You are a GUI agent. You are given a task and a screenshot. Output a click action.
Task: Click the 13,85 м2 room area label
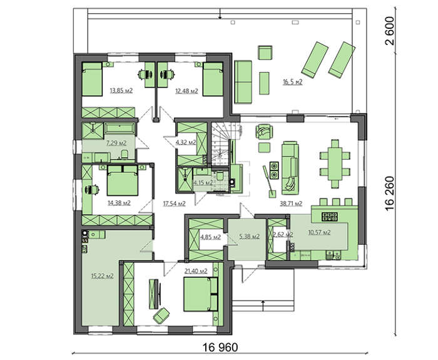(121, 91)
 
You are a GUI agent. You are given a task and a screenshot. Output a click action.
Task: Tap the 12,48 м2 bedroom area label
(186, 91)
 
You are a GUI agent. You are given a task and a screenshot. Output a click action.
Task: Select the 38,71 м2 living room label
(291, 203)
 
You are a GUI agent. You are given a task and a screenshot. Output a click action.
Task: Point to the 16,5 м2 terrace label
(292, 82)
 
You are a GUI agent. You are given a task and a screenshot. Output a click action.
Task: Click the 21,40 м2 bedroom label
(196, 271)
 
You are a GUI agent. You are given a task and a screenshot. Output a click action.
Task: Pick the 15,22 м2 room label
(102, 276)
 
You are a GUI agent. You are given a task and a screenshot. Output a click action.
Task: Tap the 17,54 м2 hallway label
(175, 203)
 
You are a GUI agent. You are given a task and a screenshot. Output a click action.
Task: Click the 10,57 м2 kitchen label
(319, 232)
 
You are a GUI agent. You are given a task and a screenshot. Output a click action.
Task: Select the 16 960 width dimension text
(220, 347)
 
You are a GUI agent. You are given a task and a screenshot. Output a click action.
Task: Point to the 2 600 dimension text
(389, 31)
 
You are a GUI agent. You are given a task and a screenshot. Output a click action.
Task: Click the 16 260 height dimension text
(389, 193)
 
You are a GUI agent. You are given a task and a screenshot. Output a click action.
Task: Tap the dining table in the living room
(335, 163)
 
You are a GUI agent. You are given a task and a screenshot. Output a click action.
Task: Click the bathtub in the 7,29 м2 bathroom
(120, 128)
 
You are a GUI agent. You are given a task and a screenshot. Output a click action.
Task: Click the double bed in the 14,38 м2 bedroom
(123, 180)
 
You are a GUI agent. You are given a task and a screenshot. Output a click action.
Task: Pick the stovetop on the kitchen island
(330, 217)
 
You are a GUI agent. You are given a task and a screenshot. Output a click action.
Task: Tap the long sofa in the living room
(290, 168)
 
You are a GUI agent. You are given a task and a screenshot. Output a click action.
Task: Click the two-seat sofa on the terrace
(243, 82)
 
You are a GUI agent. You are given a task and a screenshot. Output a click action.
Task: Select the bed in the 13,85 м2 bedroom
(92, 79)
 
